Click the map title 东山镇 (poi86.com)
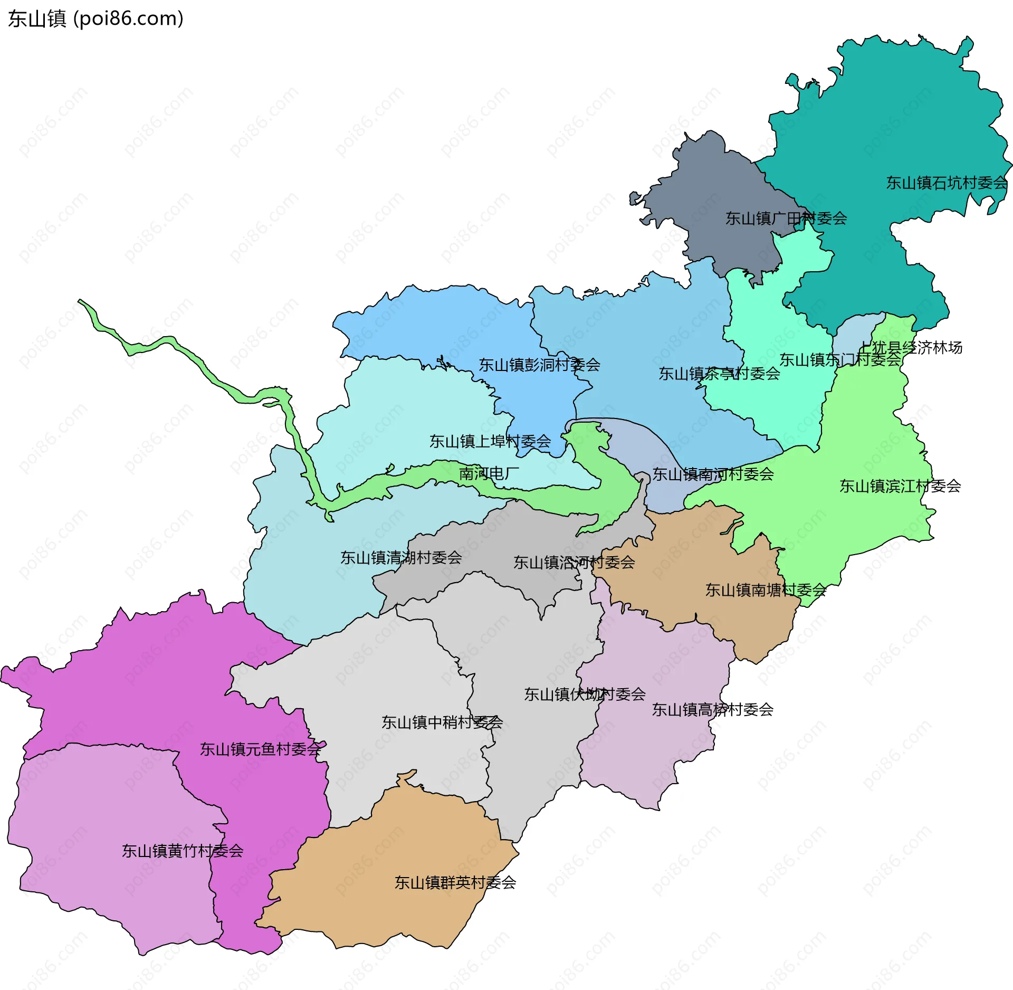95,19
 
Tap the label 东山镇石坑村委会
947,183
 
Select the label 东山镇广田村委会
786,218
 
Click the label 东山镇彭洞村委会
539,365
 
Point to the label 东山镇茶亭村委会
719,374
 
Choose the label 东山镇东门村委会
840,360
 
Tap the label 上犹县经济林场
911,348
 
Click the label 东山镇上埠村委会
490,441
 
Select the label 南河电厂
489,473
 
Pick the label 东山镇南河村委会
713,474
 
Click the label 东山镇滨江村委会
900,486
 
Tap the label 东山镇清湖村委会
401,557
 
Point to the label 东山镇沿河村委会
574,562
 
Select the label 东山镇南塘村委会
766,590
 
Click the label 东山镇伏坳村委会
585,694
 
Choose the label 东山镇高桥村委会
712,709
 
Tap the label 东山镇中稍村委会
442,722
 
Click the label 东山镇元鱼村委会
260,749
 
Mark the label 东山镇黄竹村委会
183,851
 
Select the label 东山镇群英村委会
455,882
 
